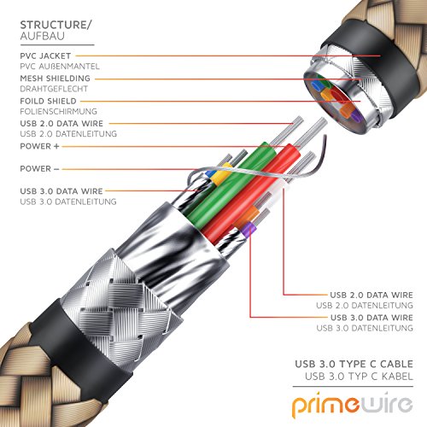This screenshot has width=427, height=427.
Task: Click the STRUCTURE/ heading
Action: point(56,25)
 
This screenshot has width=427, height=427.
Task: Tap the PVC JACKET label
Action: point(45,56)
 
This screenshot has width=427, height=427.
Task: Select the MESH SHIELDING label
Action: point(55,78)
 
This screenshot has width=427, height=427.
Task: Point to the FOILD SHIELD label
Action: point(48,101)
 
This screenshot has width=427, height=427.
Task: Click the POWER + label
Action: point(39,146)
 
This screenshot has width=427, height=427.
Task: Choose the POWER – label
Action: point(39,168)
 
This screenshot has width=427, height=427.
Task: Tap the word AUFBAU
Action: point(43,36)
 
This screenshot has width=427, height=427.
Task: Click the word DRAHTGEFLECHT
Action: point(54,89)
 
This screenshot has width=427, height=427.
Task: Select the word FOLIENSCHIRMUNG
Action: point(58,111)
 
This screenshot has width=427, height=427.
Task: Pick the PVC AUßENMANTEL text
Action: point(60,67)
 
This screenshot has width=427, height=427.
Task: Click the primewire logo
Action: point(353,404)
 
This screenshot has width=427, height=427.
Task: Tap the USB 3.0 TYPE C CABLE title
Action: point(354,364)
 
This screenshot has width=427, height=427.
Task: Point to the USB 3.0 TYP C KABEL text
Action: point(359,377)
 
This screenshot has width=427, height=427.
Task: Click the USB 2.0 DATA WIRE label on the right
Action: point(371,295)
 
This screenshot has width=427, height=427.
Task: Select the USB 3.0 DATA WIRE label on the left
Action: point(61,191)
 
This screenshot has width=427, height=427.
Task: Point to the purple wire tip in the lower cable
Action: point(248,229)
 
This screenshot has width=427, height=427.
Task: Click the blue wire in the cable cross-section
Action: point(316,85)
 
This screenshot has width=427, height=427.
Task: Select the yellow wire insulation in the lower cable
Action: point(220,174)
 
